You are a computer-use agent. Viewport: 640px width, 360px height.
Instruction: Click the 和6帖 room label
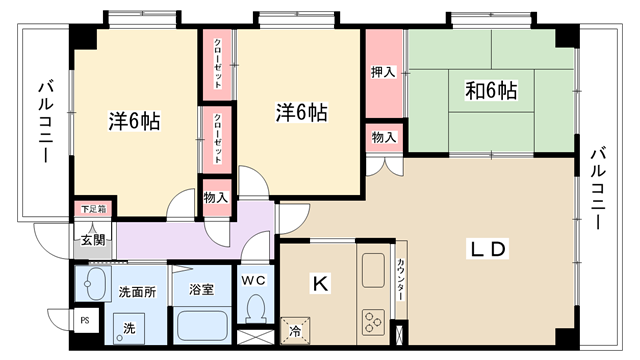coord(491,90)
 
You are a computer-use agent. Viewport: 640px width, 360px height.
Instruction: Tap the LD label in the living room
coord(488,249)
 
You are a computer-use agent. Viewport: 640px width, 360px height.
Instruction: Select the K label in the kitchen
coord(320,283)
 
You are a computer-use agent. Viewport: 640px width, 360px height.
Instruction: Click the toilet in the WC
coord(256,308)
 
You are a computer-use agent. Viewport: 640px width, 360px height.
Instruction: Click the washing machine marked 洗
coord(129,329)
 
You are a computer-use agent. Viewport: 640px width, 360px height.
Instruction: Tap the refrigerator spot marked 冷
coord(295,331)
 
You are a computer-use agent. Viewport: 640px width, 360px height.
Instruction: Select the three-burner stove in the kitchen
coord(373,321)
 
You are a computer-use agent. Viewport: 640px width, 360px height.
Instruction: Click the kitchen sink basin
coord(373,270)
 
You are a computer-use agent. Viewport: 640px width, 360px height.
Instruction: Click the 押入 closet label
coord(383,72)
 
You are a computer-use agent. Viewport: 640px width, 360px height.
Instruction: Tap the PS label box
coord(84,321)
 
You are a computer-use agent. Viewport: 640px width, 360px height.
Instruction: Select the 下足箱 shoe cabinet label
coord(93,209)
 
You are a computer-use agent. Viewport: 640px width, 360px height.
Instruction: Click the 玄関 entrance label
coord(93,240)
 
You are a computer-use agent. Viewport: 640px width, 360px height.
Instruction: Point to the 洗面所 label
coord(137,292)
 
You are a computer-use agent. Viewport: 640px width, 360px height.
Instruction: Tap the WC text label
coord(253,280)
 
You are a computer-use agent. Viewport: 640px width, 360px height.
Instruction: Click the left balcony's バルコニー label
coord(46,122)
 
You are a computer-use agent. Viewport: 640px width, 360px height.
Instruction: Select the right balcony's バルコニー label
coord(598,189)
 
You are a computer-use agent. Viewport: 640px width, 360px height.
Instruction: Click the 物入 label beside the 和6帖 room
coord(384,138)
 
